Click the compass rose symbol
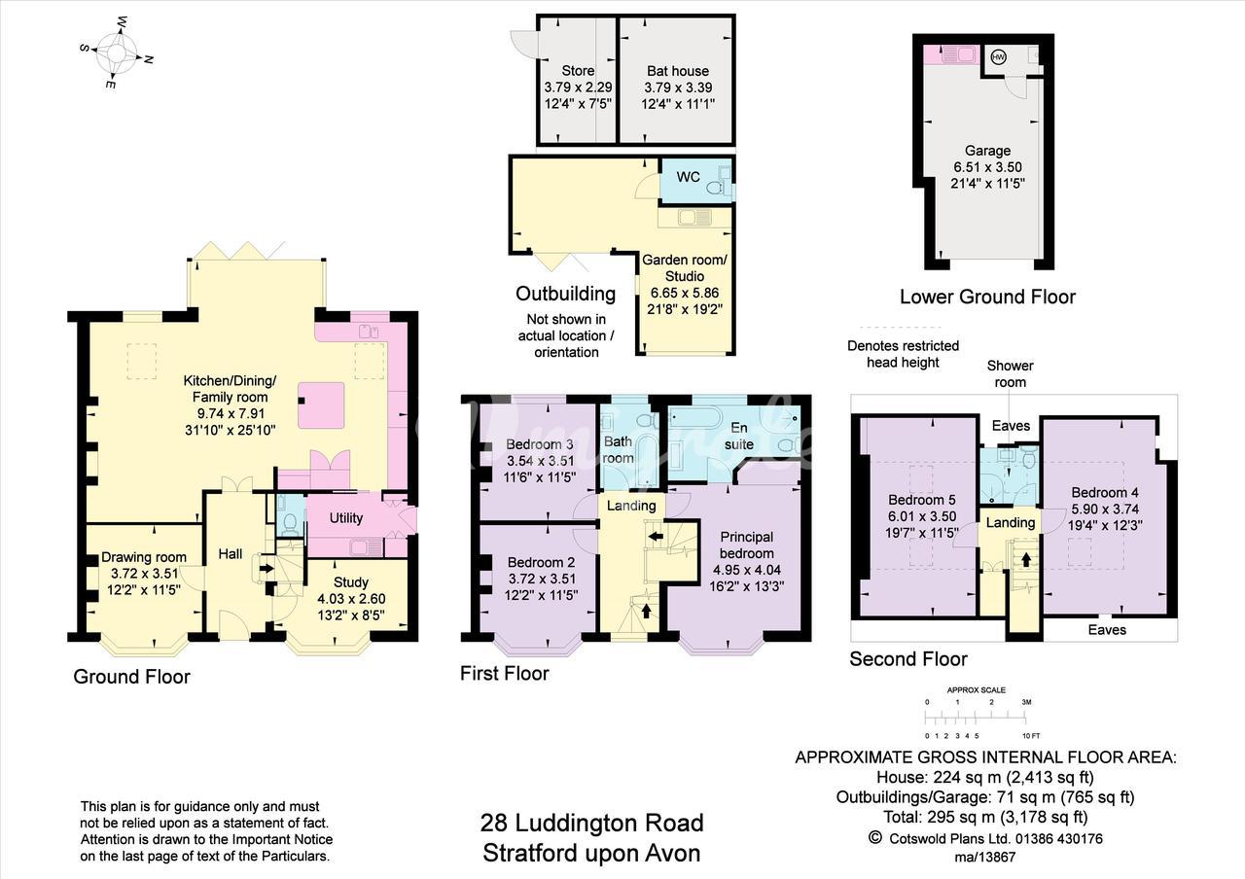[x=117, y=53]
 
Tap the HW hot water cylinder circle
[x=999, y=56]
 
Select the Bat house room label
[x=678, y=71]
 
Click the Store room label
[x=578, y=71]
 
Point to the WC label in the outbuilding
[x=688, y=177]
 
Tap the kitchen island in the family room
[x=321, y=405]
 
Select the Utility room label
[x=345, y=518]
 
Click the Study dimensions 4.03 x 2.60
[x=351, y=598]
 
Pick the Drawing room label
[x=144, y=557]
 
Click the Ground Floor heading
[x=131, y=676]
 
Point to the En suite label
[x=738, y=436]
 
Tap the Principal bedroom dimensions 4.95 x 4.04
[x=746, y=570]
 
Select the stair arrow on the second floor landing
[x=1025, y=558]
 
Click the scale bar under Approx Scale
[x=976, y=719]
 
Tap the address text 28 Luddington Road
[x=592, y=823]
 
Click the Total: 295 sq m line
[x=985, y=817]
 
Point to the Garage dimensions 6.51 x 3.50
[x=987, y=166]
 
